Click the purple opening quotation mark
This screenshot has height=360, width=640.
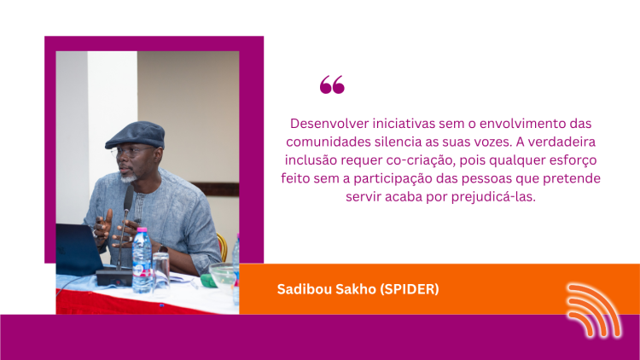[332, 84]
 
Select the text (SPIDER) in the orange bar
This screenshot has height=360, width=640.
[410, 289]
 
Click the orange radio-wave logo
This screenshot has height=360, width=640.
[594, 311]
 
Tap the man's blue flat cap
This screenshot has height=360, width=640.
[135, 134]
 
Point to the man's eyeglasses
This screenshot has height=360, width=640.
[131, 152]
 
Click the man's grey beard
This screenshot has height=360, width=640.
[129, 178]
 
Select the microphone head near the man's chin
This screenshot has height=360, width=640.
[128, 198]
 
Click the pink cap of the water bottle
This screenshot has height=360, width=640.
[142, 230]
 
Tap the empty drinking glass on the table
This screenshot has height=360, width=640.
[160, 272]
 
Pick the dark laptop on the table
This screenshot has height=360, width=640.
[79, 249]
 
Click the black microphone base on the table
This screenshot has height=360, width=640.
[114, 276]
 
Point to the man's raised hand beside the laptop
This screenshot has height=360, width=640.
[103, 226]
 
